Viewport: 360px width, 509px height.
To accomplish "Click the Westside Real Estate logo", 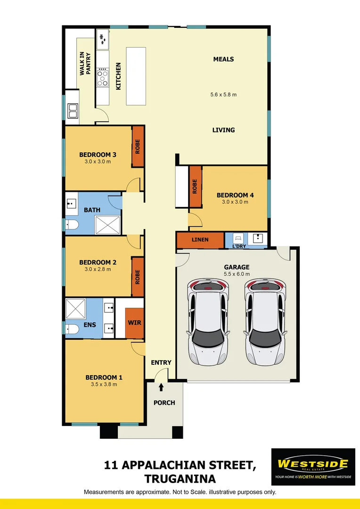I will [x=313, y=467].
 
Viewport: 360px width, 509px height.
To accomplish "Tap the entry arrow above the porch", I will [x=161, y=387].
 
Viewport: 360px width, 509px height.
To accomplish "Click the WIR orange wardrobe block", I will [x=134, y=323].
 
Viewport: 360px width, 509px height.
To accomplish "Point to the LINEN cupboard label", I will [x=200, y=240].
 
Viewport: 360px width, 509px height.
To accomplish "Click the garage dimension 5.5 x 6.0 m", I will [x=237, y=274].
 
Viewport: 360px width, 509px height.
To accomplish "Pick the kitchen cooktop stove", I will [x=102, y=78].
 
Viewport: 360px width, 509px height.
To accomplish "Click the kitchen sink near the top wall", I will [x=103, y=39].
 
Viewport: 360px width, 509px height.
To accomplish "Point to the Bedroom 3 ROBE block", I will [x=138, y=146].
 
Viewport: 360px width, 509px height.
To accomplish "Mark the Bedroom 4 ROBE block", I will [x=195, y=187].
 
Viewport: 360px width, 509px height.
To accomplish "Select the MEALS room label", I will [x=223, y=59].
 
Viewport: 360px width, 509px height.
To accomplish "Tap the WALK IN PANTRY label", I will [x=85, y=64].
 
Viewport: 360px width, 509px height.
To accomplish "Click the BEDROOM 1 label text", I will [x=104, y=378].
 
